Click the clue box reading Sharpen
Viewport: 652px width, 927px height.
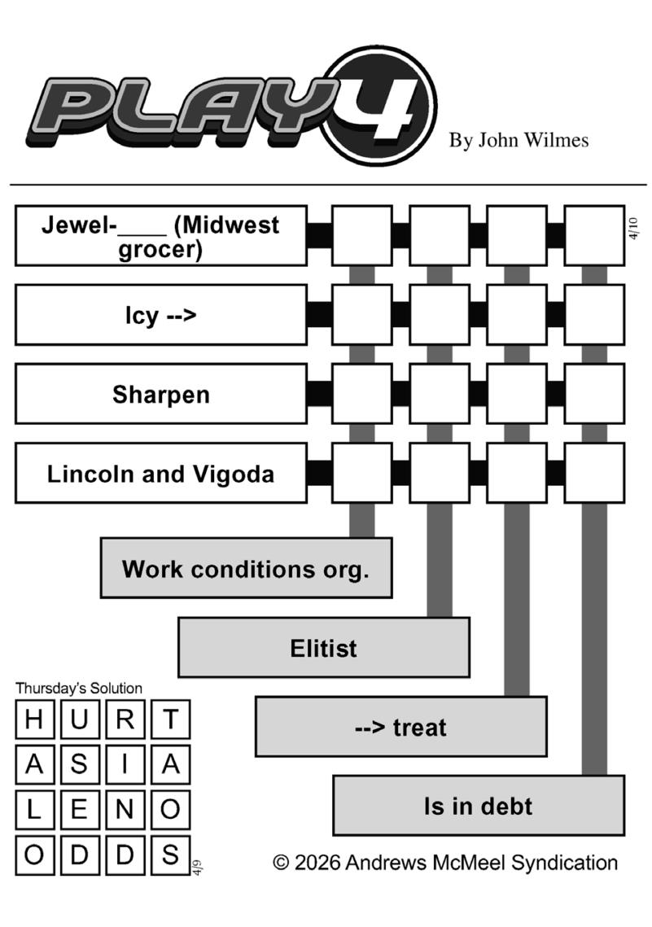(x=161, y=394)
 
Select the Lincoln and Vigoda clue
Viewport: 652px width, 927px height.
(x=161, y=473)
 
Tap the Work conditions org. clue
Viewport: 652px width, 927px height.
(x=246, y=568)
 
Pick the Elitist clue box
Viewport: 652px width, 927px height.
(x=323, y=648)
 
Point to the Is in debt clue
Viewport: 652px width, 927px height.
(x=478, y=806)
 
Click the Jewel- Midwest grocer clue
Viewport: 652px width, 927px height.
(x=161, y=235)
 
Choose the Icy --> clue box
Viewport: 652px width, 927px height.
(x=161, y=315)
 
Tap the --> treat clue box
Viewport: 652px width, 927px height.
(x=400, y=727)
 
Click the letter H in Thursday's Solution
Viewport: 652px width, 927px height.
(x=34, y=720)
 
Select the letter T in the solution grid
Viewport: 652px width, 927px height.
(x=170, y=720)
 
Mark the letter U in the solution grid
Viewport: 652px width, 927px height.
(x=80, y=720)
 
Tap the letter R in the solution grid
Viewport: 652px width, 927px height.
(x=125, y=720)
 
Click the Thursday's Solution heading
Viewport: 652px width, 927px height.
(x=79, y=689)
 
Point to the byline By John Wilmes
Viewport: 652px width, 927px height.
(x=519, y=140)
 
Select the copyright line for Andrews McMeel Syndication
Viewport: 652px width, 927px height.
(x=445, y=863)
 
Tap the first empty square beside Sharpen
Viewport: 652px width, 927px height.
(x=361, y=394)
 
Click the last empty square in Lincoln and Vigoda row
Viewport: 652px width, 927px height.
(x=594, y=473)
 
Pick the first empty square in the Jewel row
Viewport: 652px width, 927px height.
(x=361, y=235)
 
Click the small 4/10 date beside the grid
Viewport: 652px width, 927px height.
(x=634, y=228)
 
